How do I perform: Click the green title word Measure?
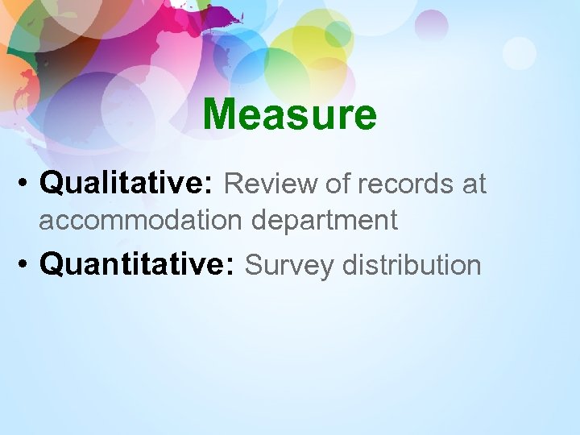point(289,114)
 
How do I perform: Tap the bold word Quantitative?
point(135,264)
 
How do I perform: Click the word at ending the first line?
point(474,184)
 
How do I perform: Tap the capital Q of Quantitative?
point(52,264)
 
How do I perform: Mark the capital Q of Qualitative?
point(52,184)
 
